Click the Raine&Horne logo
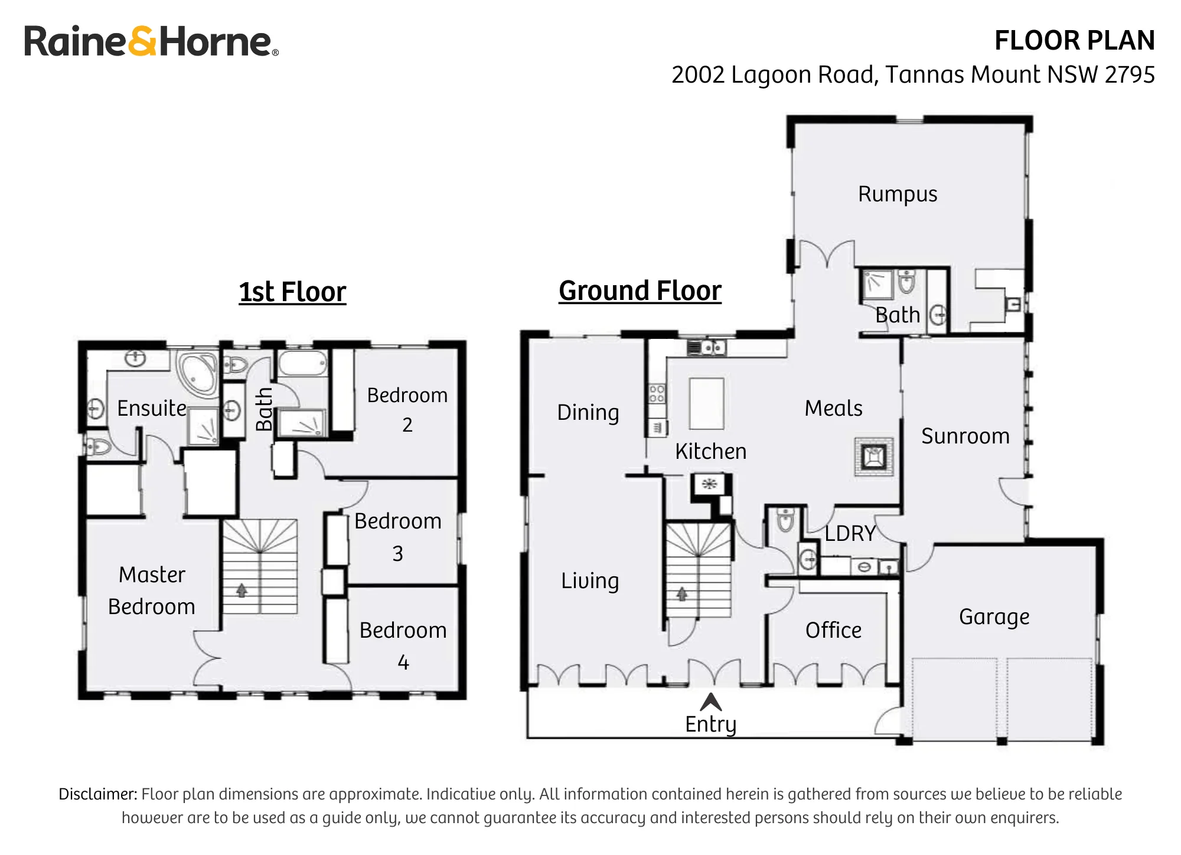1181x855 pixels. (151, 41)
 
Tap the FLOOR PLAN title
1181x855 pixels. (1074, 41)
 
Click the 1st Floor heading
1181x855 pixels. (292, 292)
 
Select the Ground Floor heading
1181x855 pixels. (640, 291)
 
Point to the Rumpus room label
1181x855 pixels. (898, 194)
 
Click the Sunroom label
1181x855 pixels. (965, 436)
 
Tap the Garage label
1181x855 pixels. (994, 617)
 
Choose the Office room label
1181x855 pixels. (833, 630)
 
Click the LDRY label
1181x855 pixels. (850, 534)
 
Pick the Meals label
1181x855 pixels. (833, 408)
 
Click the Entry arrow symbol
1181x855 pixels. (711, 702)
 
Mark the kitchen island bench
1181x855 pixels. (706, 404)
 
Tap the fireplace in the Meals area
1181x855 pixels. (873, 456)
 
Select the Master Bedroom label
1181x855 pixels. (152, 590)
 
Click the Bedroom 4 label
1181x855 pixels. (403, 646)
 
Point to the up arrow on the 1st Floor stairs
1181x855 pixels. (242, 590)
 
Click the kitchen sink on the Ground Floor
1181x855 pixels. (706, 347)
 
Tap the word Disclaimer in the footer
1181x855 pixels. (98, 794)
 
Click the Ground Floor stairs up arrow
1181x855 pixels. (682, 593)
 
